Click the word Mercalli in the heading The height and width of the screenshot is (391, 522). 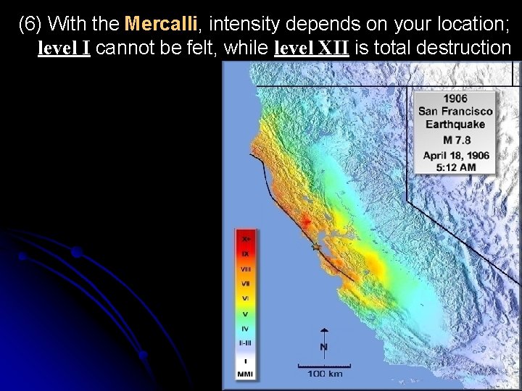click(x=160, y=24)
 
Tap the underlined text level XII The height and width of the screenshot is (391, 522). click(x=312, y=49)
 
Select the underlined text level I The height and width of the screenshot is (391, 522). click(x=63, y=49)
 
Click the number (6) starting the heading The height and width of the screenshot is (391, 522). click(x=31, y=24)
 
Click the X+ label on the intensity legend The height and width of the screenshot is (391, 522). click(x=246, y=238)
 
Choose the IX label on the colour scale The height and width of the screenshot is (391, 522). click(x=246, y=253)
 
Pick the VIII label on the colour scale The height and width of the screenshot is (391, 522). click(x=246, y=269)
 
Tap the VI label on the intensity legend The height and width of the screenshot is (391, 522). click(x=246, y=298)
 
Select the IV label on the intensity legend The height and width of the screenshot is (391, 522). click(x=246, y=328)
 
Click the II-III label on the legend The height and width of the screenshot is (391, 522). click(x=246, y=344)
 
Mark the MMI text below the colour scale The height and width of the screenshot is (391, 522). click(x=246, y=374)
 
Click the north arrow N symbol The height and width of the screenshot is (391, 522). click(x=323, y=346)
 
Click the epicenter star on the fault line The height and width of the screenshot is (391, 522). click(x=315, y=248)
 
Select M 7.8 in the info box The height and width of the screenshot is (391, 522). click(x=455, y=139)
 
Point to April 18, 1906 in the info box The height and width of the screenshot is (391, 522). click(x=455, y=155)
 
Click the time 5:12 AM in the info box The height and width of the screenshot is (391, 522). click(x=455, y=167)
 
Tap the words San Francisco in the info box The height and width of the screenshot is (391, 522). click(x=455, y=112)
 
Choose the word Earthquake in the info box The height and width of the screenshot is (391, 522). click(x=455, y=125)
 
